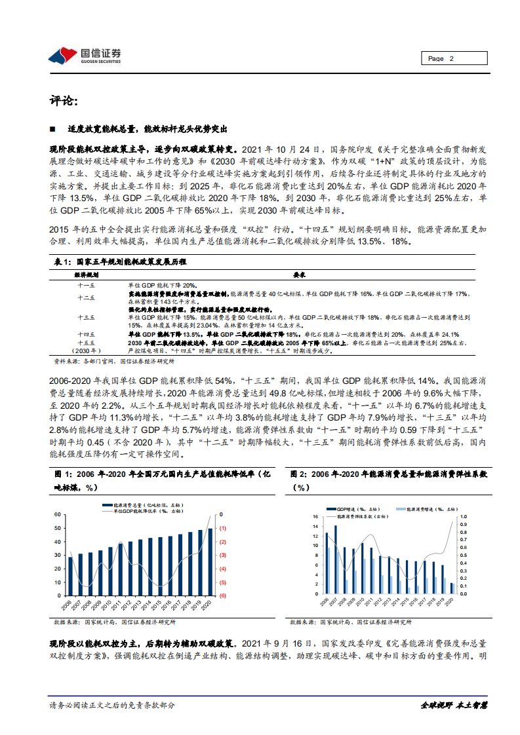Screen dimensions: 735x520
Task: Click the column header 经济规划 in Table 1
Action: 87,276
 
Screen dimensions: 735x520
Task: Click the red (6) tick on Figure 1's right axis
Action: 223,595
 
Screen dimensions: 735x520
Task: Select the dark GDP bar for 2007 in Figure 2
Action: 336,559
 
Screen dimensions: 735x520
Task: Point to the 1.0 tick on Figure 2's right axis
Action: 462,516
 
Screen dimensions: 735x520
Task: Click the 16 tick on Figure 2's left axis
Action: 315,516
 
